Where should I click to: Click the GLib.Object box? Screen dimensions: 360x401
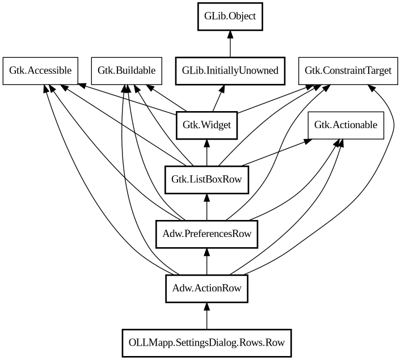point(230,16)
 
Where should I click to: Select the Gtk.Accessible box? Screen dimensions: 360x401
point(40,70)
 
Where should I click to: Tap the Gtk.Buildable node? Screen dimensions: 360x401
point(126,70)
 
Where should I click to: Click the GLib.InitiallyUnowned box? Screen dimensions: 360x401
point(230,70)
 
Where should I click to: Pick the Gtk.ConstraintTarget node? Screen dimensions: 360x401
point(348,70)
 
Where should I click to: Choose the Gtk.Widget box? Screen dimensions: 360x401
point(206,125)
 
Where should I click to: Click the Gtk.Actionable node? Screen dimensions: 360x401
point(345,125)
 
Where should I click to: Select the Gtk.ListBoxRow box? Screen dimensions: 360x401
point(206,179)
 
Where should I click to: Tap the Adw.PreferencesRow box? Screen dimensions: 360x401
point(206,234)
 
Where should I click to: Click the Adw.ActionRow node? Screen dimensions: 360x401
point(206,288)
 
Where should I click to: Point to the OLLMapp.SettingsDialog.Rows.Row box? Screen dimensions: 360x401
point(206,342)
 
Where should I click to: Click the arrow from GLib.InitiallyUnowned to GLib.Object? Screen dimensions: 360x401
point(230,44)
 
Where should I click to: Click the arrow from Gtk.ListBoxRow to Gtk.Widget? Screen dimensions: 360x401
point(206,152)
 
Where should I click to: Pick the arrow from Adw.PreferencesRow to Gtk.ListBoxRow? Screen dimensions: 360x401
point(206,206)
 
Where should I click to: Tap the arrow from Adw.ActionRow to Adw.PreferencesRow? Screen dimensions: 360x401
point(206,261)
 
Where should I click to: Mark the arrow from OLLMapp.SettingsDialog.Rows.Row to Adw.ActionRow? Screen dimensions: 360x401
point(206,315)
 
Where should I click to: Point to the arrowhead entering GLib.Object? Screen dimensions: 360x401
point(230,35)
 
